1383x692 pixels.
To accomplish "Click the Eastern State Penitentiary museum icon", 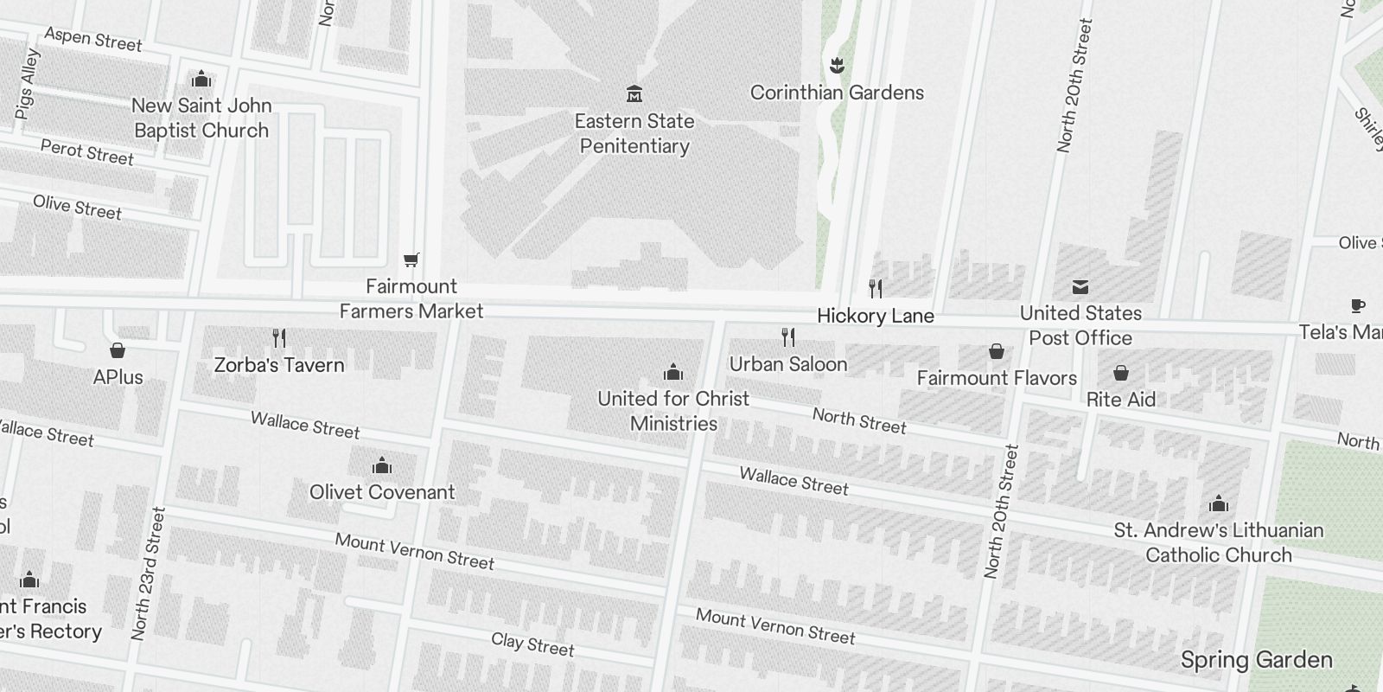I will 634,93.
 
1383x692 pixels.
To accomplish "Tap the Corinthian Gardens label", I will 836,93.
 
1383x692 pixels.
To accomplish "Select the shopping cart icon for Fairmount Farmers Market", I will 411,259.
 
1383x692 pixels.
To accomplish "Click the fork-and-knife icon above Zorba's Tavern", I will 278,337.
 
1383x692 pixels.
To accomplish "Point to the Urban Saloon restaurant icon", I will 787,336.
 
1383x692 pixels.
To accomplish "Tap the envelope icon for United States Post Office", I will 1080,287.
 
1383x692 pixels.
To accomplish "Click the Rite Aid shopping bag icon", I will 1120,373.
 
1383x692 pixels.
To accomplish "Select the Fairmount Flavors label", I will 996,378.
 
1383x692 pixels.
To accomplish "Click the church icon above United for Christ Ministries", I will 673,373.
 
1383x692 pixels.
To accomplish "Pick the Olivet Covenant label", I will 382,492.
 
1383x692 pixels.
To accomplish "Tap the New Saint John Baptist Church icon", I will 201,80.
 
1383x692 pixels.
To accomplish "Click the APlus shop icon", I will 118,350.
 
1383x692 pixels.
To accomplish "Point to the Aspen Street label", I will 92,39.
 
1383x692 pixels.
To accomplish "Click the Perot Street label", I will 86,152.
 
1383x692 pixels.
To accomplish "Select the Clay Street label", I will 532,644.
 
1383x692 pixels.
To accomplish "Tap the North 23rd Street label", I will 147,573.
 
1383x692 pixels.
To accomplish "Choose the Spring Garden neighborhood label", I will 1256,660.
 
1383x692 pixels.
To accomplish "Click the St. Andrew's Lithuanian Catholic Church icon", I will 1218,504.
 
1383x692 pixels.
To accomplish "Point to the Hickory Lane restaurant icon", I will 876,288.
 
